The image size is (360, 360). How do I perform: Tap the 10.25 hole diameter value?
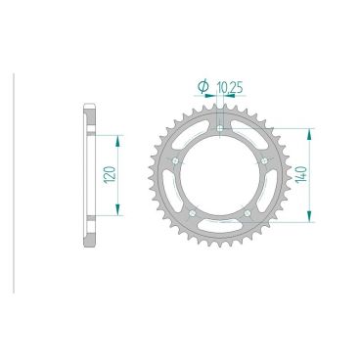232,88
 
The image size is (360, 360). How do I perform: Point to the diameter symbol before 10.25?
203,88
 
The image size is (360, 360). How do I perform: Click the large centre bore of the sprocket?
220,176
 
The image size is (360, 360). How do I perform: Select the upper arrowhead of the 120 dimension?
120,138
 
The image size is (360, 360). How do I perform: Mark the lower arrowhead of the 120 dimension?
120,214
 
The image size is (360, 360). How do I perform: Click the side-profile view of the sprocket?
91,176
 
